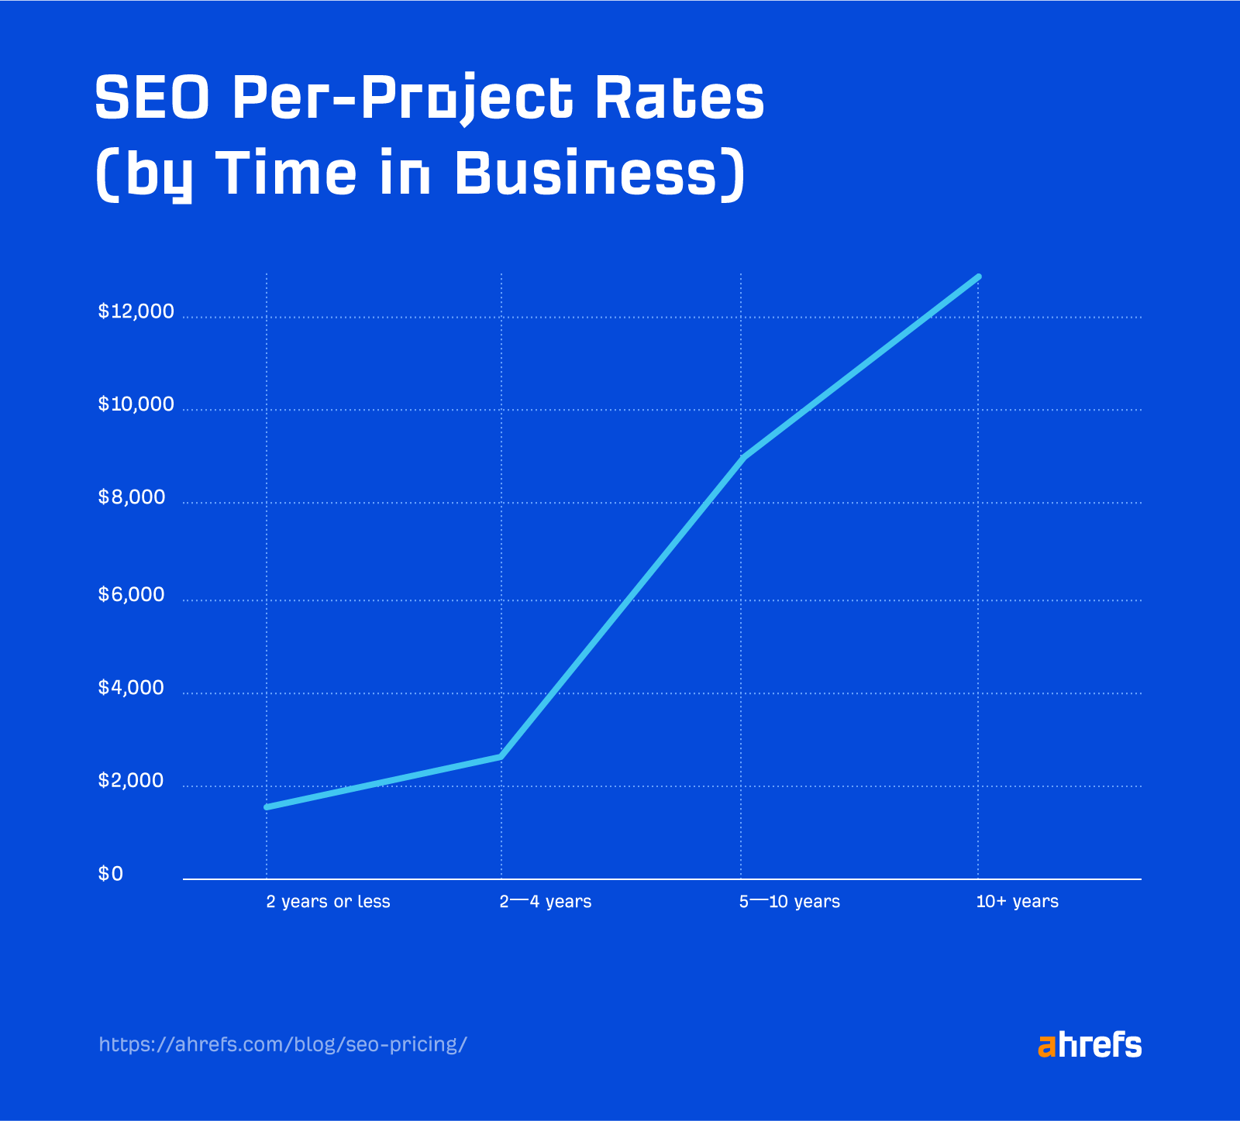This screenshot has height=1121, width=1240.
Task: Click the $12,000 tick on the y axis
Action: click(136, 311)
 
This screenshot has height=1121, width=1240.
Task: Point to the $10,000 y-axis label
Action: click(136, 404)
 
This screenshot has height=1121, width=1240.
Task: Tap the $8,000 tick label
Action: click(132, 497)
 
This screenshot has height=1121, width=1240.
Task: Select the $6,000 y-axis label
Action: click(132, 595)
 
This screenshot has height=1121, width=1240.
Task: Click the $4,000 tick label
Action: click(132, 688)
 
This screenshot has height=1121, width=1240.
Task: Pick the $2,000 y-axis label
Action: click(132, 781)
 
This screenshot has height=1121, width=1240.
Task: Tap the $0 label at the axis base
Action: click(111, 874)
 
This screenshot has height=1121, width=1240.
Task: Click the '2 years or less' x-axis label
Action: click(328, 902)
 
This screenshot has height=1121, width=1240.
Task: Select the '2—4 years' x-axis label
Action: click(546, 902)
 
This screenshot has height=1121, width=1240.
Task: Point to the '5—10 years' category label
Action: click(789, 902)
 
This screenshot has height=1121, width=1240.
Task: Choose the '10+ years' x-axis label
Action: click(1017, 902)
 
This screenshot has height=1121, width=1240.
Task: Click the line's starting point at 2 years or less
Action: click(267, 807)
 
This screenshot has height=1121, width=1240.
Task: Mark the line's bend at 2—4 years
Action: click(501, 756)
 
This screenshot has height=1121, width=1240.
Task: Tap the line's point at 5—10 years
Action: click(742, 458)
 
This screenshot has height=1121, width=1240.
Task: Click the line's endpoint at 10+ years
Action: click(978, 277)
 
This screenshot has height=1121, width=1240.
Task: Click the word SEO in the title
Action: click(152, 99)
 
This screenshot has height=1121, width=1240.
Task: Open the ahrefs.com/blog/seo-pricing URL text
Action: click(283, 1044)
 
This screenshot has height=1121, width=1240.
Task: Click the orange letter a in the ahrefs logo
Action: click(1046, 1047)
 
